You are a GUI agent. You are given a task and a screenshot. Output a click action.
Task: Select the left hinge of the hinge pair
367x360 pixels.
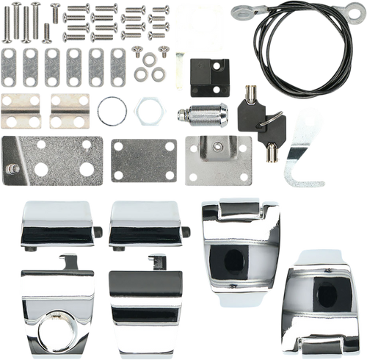(x=22, y=112)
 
